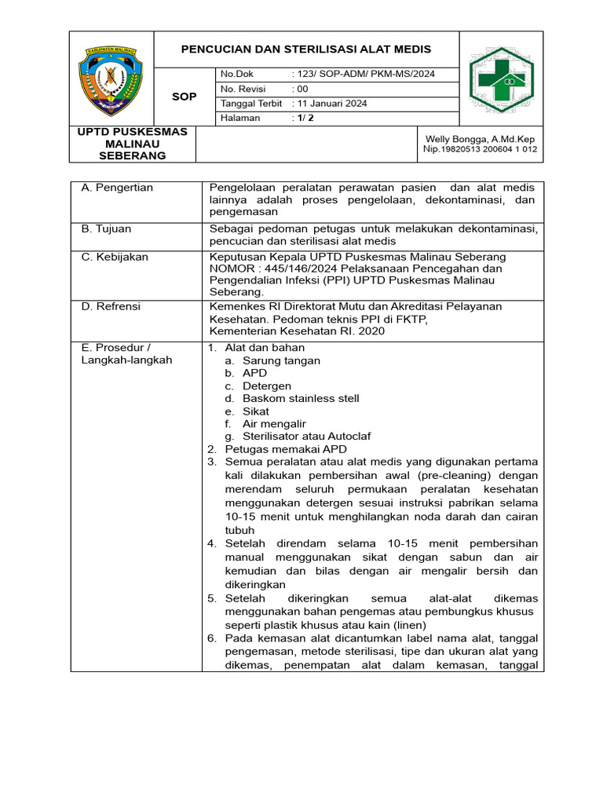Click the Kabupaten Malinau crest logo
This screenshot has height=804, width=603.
tap(111, 79)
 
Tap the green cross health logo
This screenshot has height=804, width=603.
tap(502, 79)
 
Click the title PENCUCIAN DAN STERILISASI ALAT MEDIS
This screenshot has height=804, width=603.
tap(306, 49)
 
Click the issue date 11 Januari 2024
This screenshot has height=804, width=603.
tap(329, 104)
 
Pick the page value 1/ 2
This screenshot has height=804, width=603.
tap(302, 118)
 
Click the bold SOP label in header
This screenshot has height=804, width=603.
tap(185, 97)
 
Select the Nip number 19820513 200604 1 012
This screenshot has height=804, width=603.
tap(480, 149)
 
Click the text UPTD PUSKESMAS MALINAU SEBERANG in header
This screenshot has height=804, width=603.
tap(132, 144)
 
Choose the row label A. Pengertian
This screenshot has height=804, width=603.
tap(117, 188)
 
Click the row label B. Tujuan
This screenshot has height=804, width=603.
tap(107, 228)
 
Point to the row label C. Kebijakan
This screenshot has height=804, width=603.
tap(115, 257)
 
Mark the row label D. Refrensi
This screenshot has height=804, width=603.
tap(111, 306)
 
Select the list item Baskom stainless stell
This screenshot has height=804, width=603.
tap(301, 398)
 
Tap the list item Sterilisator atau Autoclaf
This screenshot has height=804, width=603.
tap(307, 436)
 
